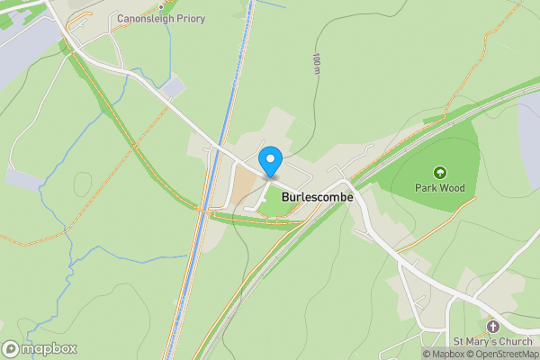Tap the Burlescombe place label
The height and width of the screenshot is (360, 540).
316,195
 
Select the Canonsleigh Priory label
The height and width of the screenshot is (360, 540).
161,19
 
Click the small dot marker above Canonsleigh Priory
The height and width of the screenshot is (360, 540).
161,6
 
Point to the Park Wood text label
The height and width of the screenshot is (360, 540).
439,188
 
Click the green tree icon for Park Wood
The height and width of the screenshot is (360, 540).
439,172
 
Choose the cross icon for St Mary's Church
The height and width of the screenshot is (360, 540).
493,325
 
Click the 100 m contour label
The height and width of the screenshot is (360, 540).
317,63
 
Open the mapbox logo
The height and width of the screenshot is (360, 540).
40,349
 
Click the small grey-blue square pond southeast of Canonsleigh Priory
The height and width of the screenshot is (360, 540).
174,87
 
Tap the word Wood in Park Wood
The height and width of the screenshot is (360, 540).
452,188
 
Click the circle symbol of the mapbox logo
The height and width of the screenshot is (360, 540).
11,349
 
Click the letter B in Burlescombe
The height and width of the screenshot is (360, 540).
285,195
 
